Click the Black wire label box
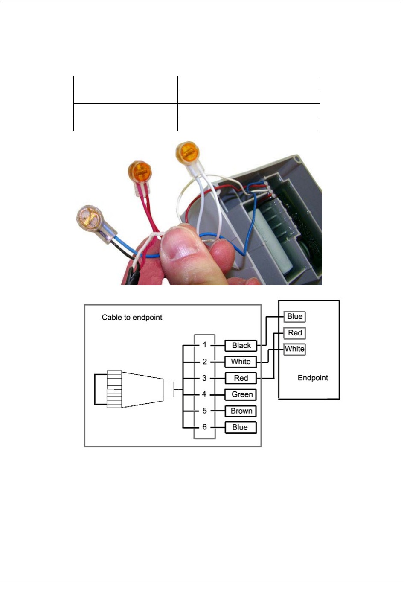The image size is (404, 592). pyautogui.click(x=241, y=346)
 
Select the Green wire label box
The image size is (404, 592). pyautogui.click(x=241, y=394)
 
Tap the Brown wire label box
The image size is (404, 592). pyautogui.click(x=241, y=411)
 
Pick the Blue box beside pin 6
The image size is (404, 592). pyautogui.click(x=240, y=427)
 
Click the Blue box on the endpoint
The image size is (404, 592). pyautogui.click(x=295, y=317)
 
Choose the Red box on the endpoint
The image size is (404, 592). pyautogui.click(x=295, y=333)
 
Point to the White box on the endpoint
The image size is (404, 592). pyautogui.click(x=295, y=349)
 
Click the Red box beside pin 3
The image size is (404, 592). pyautogui.click(x=241, y=378)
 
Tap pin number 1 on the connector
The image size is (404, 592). pyautogui.click(x=205, y=345)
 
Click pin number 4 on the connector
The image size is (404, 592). pyautogui.click(x=204, y=394)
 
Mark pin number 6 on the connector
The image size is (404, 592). pyautogui.click(x=205, y=427)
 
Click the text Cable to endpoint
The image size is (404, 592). pyautogui.click(x=132, y=318)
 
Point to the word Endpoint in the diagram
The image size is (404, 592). pyautogui.click(x=313, y=378)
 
